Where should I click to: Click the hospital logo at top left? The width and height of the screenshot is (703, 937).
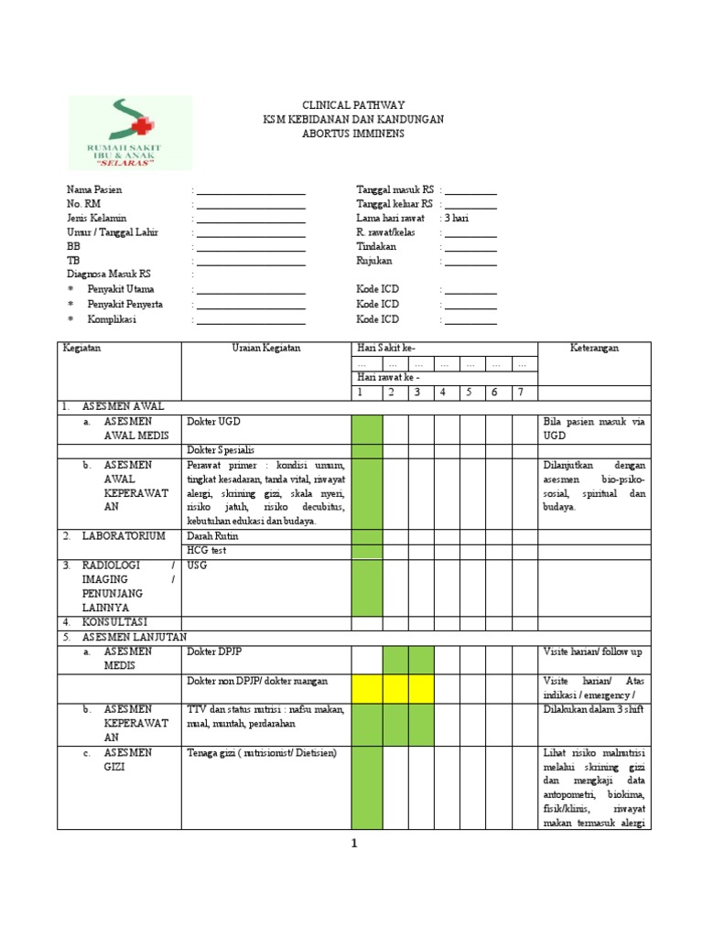(130, 133)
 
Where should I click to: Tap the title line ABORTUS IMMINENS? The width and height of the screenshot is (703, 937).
(353, 134)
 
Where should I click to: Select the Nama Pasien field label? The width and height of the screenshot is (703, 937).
(94, 189)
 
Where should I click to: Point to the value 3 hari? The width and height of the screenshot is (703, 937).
(458, 218)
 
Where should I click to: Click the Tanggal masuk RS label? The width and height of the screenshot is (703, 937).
(395, 189)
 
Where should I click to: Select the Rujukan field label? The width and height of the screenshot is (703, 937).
(374, 261)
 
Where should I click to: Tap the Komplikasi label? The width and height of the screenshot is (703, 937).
(112, 319)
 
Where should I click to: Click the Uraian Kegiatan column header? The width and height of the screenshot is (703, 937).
(266, 349)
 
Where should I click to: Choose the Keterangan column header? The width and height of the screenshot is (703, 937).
(594, 349)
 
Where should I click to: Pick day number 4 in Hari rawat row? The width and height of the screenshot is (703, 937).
(443, 393)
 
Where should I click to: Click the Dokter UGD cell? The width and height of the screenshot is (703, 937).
(214, 422)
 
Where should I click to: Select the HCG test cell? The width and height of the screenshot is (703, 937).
(207, 551)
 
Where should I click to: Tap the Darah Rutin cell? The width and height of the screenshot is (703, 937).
(212, 536)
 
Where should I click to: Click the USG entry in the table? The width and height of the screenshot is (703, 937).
(197, 565)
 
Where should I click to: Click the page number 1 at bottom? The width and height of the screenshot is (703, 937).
(353, 845)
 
